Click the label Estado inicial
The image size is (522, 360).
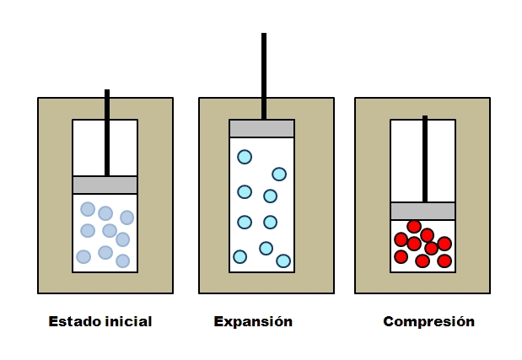point(100,321)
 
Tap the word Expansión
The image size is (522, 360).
point(253,321)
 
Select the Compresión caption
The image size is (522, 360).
point(428,321)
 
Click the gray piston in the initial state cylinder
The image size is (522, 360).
point(105,185)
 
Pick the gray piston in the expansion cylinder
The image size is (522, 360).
point(261,128)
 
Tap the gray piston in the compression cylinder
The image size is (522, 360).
point(422,211)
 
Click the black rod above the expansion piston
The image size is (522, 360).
point(264,76)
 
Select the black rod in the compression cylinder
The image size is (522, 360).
point(424,160)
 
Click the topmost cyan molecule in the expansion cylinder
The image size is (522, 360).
point(245,157)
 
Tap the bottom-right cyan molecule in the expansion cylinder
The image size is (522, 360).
point(283,261)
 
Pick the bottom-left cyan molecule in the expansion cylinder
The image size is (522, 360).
point(239,256)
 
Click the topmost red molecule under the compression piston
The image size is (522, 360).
point(414,226)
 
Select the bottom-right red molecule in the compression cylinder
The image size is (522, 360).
point(444,261)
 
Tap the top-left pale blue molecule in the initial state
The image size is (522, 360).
point(88,209)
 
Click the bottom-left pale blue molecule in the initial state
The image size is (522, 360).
point(83,256)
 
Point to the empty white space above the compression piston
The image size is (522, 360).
point(406,160)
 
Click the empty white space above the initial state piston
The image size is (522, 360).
point(89,148)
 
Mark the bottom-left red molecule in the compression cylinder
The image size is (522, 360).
point(401,256)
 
